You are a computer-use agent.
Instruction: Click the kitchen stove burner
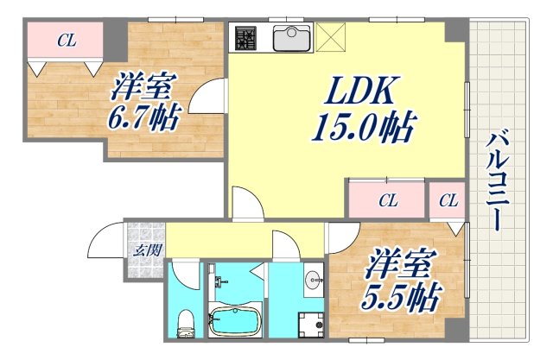[246, 39]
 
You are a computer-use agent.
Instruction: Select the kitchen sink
[292, 39]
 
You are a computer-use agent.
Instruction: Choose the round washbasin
[313, 279]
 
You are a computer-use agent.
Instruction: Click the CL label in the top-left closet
[65, 39]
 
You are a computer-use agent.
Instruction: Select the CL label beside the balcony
[448, 201]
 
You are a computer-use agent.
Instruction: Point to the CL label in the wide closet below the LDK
[388, 201]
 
